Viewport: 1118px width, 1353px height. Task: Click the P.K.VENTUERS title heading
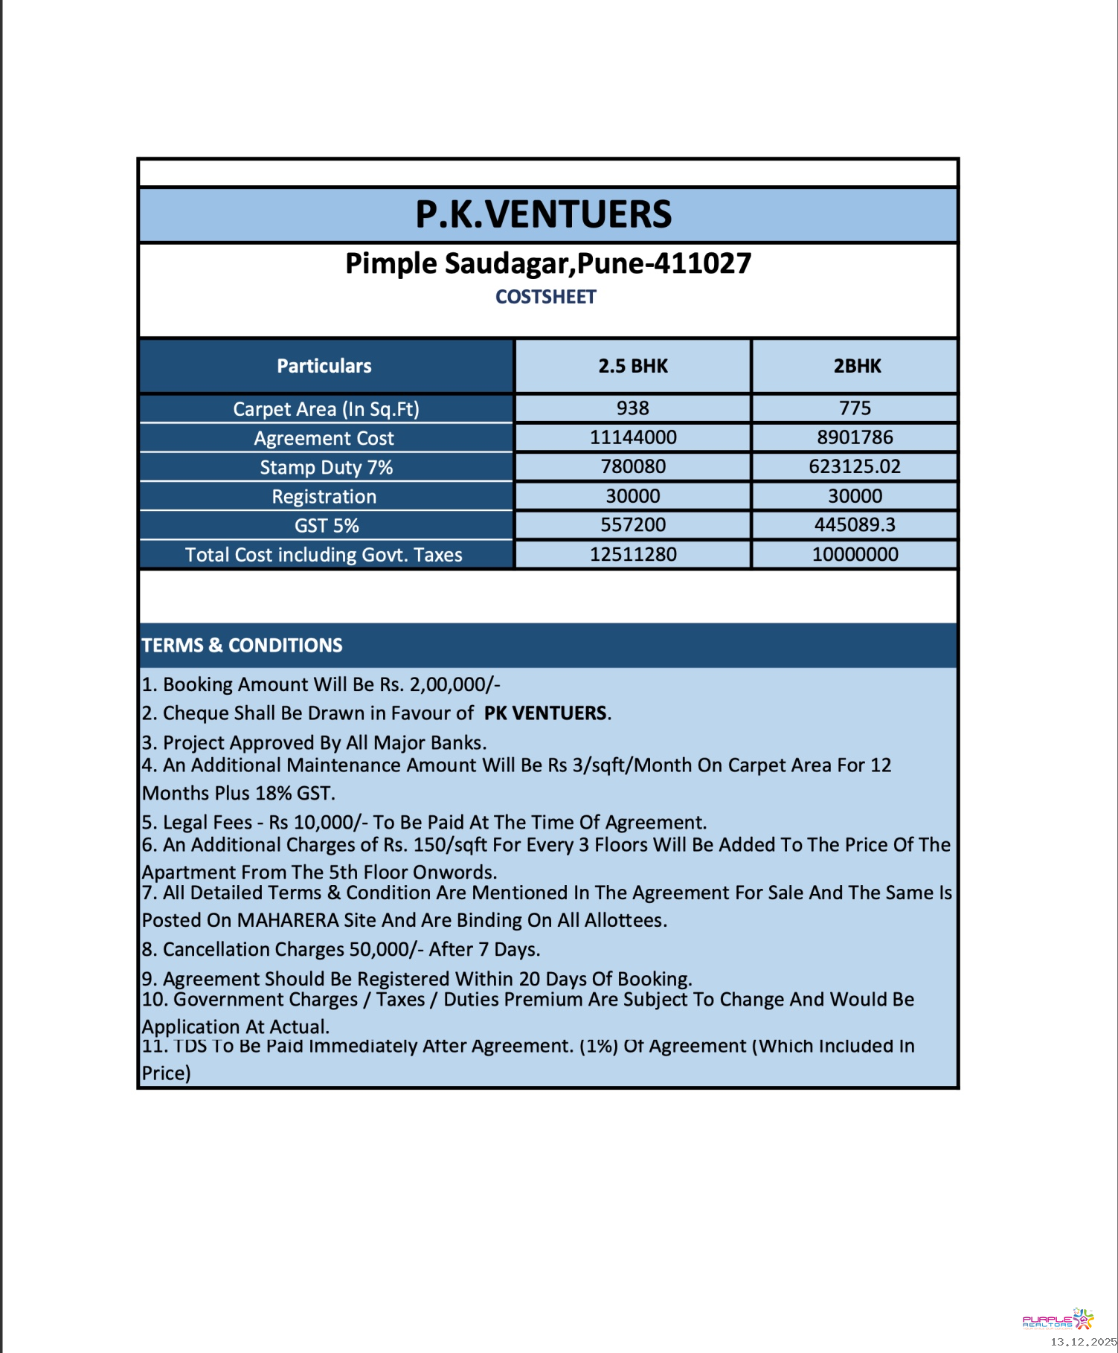tap(544, 214)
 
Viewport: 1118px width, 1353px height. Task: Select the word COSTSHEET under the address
tap(546, 297)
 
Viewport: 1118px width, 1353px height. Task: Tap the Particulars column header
tap(324, 366)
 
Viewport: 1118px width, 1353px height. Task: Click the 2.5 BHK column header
tap(633, 366)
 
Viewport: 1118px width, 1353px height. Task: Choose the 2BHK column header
tap(857, 366)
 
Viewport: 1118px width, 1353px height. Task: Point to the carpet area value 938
tap(633, 408)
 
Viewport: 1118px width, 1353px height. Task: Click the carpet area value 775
tap(855, 408)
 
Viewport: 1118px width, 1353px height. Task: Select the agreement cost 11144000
tap(633, 437)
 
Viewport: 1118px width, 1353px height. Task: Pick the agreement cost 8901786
tap(855, 437)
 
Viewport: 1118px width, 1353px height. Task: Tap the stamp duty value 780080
tap(633, 466)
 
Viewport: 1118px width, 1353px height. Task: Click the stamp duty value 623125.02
tap(855, 466)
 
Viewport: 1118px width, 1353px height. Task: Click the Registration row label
tap(324, 496)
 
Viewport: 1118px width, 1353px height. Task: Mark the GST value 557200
tap(633, 525)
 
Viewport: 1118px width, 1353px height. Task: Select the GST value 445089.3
tap(855, 525)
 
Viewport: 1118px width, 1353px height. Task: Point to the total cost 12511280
tap(633, 554)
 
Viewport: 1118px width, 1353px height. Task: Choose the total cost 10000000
tap(855, 554)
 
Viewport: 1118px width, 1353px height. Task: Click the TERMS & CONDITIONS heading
tap(242, 645)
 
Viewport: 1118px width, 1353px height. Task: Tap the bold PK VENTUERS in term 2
tap(545, 713)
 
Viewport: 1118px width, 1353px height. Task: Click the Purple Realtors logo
tap(1058, 1320)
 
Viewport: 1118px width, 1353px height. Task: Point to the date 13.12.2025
tap(1083, 1342)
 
